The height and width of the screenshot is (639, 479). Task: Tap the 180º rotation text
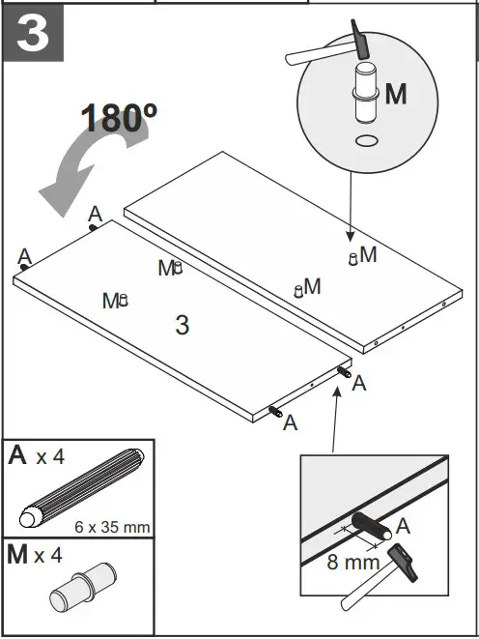click(119, 117)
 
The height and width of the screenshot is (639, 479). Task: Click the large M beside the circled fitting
click(397, 94)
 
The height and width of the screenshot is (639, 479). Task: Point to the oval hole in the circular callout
click(366, 141)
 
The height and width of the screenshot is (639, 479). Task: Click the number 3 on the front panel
click(183, 325)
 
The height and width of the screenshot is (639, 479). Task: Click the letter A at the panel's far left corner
click(25, 256)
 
